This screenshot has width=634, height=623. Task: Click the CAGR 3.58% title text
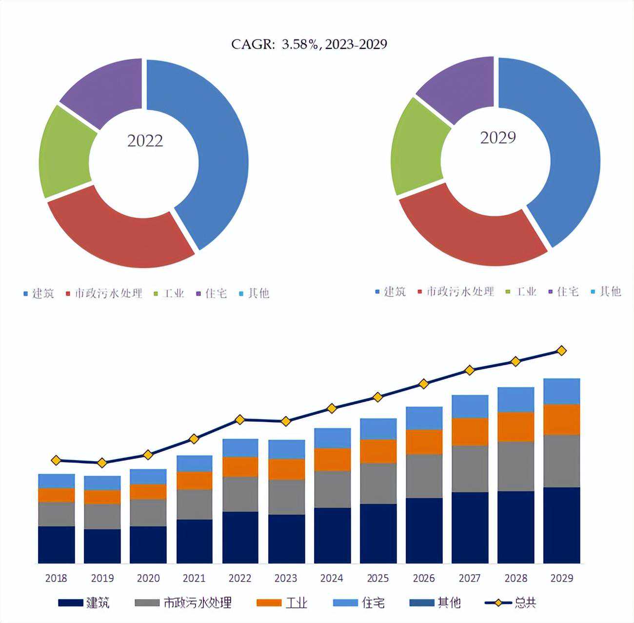click(x=309, y=44)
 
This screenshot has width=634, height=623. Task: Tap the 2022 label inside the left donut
click(x=145, y=141)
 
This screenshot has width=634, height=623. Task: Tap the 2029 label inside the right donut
click(x=497, y=138)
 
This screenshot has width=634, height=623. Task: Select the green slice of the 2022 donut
click(x=63, y=151)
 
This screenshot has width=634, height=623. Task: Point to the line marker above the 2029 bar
click(x=561, y=350)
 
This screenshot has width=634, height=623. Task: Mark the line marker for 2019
click(x=102, y=463)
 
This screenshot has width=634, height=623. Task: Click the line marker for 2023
click(x=286, y=421)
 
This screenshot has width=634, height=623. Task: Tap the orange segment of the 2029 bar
click(x=561, y=419)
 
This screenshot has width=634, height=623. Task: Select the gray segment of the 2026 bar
click(x=424, y=476)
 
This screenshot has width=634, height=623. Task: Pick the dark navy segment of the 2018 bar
click(x=56, y=545)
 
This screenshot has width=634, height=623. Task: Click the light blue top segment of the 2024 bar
click(x=332, y=438)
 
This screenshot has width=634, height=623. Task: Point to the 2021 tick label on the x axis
click(x=194, y=579)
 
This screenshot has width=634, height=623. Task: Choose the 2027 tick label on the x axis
click(x=470, y=579)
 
